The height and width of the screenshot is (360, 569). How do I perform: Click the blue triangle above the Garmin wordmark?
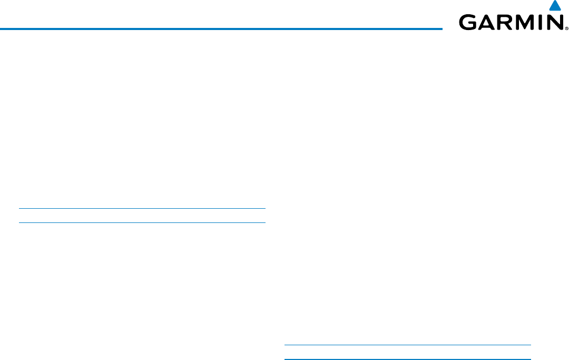(x=554, y=6)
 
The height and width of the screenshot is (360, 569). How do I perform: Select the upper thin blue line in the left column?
(x=142, y=209)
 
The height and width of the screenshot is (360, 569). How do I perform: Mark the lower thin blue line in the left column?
(x=142, y=222)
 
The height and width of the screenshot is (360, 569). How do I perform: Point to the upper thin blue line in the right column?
(x=407, y=346)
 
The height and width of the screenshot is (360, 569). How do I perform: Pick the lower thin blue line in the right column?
(x=407, y=359)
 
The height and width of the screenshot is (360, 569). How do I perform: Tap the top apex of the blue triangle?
(x=554, y=2)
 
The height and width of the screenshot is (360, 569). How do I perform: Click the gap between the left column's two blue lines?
(x=142, y=216)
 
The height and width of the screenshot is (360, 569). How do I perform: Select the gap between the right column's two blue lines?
(x=407, y=353)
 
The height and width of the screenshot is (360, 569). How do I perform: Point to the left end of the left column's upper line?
(x=20, y=209)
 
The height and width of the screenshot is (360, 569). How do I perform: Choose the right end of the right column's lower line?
(x=530, y=359)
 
